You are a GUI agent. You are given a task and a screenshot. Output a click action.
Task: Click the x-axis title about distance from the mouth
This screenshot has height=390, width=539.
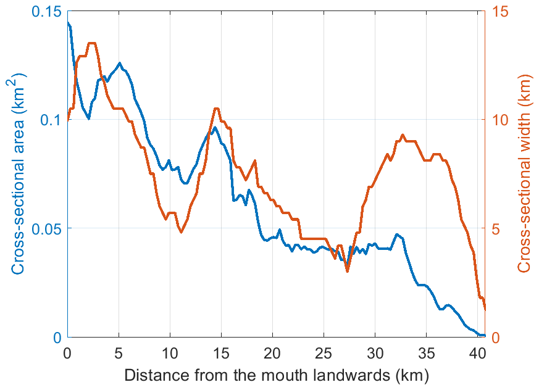point(276,375)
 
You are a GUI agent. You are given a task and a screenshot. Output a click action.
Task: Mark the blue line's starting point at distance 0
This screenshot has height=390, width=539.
point(68,23)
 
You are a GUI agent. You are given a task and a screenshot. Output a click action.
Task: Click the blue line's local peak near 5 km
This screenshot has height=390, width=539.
point(119,63)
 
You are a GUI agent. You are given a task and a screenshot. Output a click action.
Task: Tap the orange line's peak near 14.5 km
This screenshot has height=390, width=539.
point(216,109)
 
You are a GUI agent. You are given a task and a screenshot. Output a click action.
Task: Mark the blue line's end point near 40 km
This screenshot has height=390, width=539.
point(484,335)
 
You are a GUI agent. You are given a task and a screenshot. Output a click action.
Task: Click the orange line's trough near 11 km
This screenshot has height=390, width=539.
point(181,232)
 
